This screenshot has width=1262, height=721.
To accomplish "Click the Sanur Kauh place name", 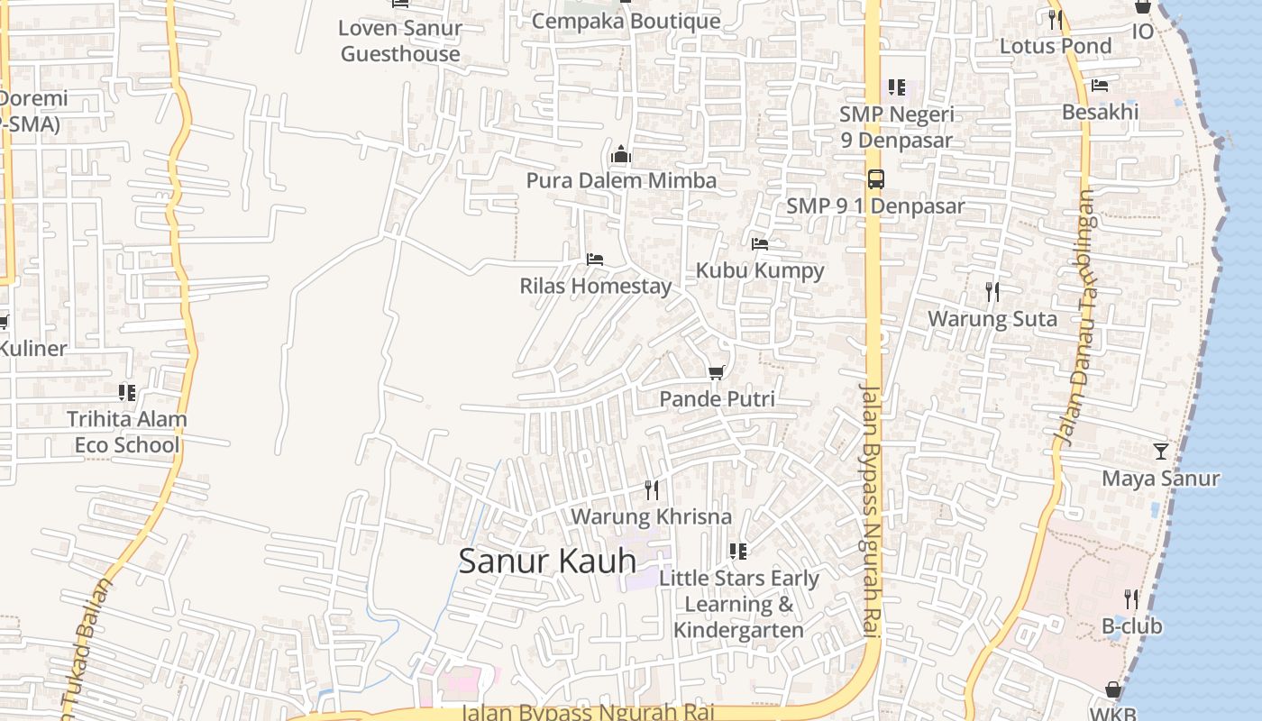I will pyautogui.click(x=547, y=561).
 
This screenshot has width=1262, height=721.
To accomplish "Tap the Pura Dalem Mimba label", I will pyautogui.click(x=621, y=180).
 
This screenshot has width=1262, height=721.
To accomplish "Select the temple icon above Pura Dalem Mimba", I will pyautogui.click(x=620, y=155).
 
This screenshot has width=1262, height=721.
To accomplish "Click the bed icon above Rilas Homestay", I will pyautogui.click(x=594, y=260).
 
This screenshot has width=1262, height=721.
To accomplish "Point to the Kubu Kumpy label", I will pyautogui.click(x=760, y=270).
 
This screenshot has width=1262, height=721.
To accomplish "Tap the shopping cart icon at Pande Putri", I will pyautogui.click(x=717, y=372).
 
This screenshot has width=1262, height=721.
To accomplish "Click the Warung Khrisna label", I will pyautogui.click(x=651, y=516).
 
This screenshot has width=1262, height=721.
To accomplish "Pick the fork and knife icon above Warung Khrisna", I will pyautogui.click(x=651, y=490).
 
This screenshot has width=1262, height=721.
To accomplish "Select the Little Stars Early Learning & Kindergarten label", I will pyautogui.click(x=738, y=604).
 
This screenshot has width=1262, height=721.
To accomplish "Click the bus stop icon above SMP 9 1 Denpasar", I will pyautogui.click(x=875, y=179).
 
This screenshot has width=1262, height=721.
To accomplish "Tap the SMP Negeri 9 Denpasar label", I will pyautogui.click(x=896, y=127).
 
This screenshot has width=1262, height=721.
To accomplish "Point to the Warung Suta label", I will pyautogui.click(x=992, y=318).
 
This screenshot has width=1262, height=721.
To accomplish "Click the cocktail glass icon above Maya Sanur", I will pyautogui.click(x=1160, y=451).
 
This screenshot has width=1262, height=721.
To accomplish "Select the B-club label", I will pyautogui.click(x=1131, y=625).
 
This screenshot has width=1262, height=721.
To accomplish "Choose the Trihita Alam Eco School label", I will pyautogui.click(x=127, y=432).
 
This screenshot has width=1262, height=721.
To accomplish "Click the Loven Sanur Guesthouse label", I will pyautogui.click(x=400, y=41).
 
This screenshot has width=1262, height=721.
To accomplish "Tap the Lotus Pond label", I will pyautogui.click(x=1056, y=45).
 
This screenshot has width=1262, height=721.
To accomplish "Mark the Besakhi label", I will pyautogui.click(x=1100, y=112).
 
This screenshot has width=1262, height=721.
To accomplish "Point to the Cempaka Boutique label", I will pyautogui.click(x=626, y=20).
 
